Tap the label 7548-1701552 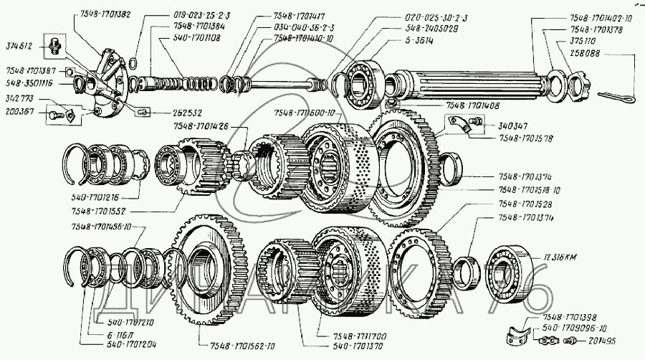pos(97,212)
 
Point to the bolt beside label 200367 pos(55,113)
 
